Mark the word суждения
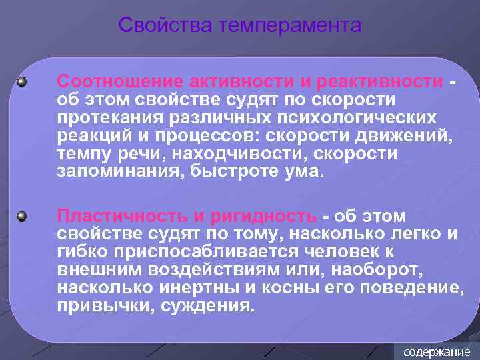click(206, 307)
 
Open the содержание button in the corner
click(437, 351)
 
